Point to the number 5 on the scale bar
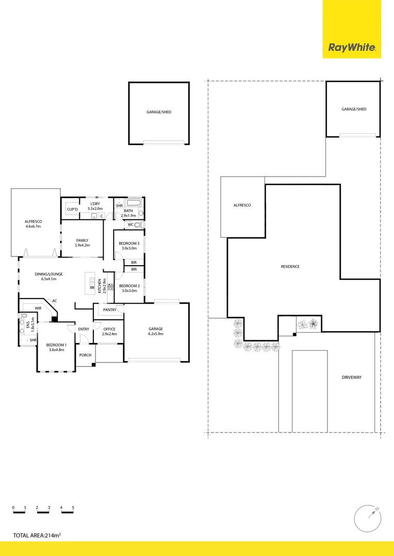(x=73, y=508)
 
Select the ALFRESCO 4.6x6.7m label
(x=32, y=223)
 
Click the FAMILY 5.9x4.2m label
(x=82, y=243)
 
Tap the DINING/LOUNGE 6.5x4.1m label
(x=48, y=276)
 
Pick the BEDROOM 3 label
(x=129, y=245)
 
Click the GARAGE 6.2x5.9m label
(x=156, y=331)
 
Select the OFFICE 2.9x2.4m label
(x=109, y=332)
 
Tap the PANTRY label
(x=109, y=310)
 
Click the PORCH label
(x=85, y=355)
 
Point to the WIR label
(x=38, y=308)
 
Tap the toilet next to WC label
(x=138, y=225)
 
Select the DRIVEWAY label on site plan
(x=352, y=377)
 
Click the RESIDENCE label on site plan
(x=290, y=267)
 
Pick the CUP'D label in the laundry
(x=72, y=209)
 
